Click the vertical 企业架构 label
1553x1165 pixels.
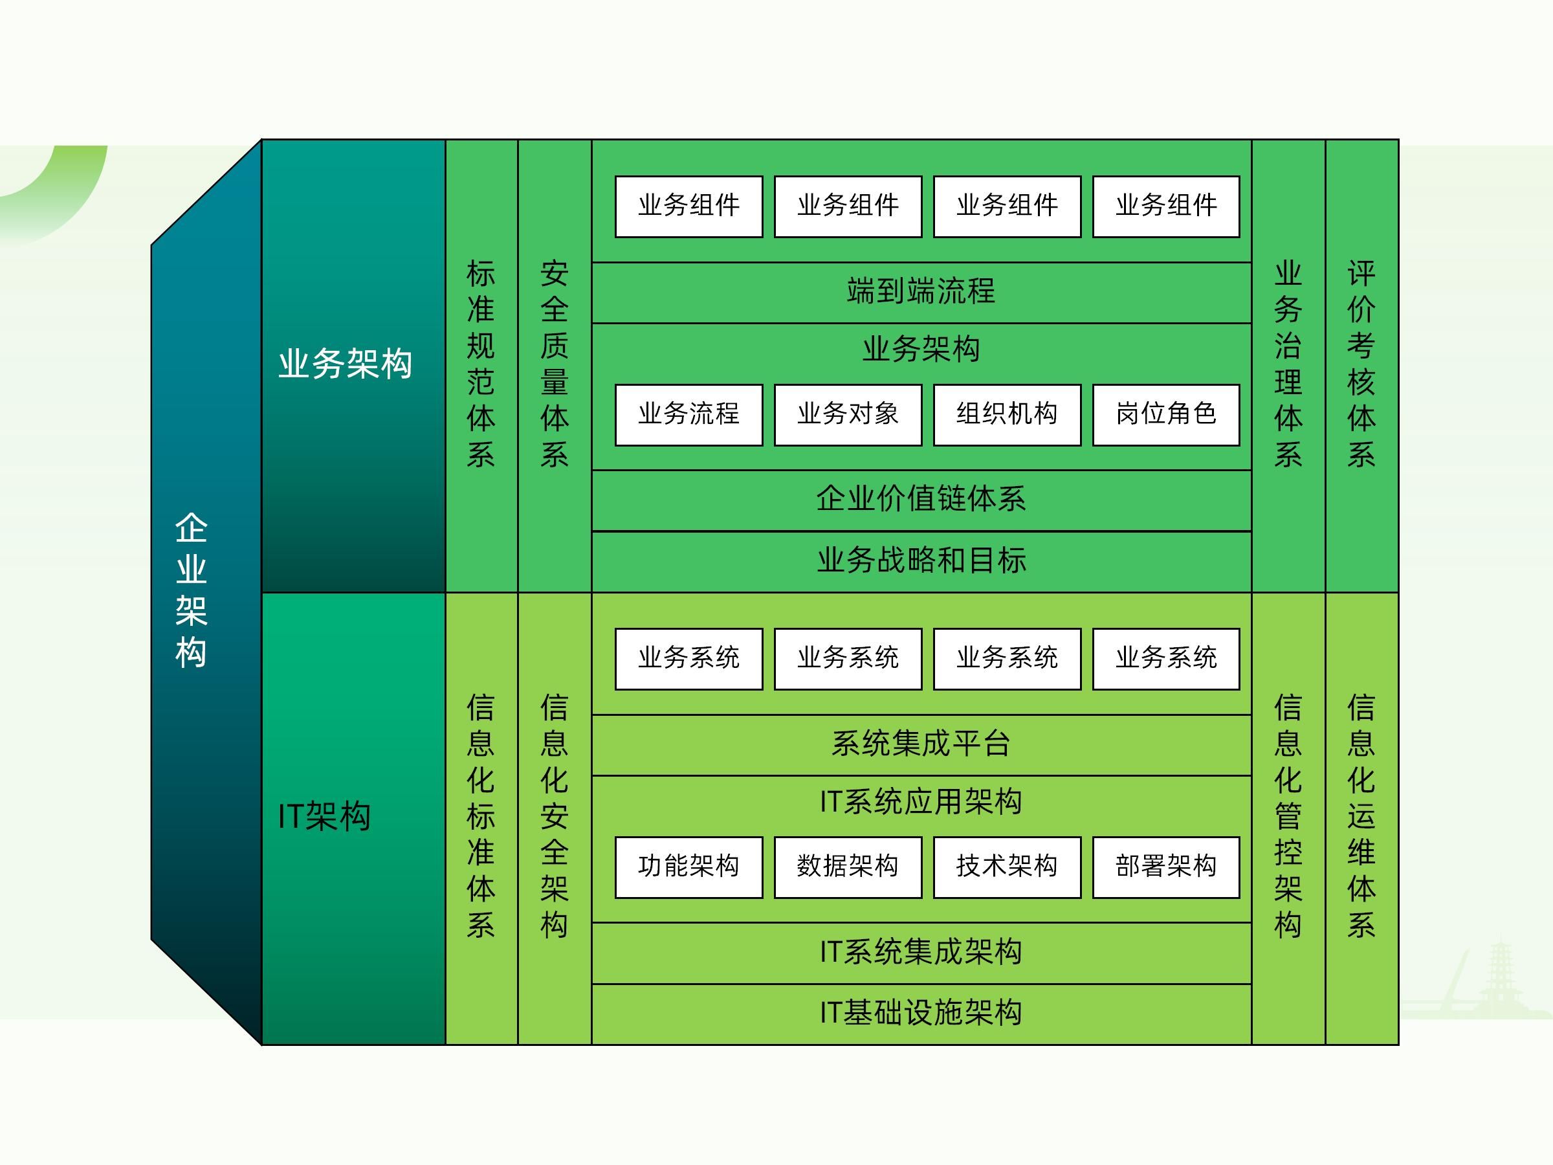click(191, 590)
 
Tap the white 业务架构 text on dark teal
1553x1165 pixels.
click(345, 364)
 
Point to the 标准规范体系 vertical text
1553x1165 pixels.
click(481, 364)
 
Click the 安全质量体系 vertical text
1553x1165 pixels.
click(554, 364)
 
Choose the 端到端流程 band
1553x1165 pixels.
click(921, 291)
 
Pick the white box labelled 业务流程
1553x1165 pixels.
click(688, 414)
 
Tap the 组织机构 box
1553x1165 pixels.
click(1007, 414)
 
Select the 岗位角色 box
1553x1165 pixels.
click(1166, 414)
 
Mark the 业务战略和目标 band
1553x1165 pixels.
click(921, 560)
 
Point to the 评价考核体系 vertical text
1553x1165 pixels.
click(1361, 364)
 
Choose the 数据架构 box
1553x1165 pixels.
click(848, 867)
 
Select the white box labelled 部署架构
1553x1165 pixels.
click(1166, 867)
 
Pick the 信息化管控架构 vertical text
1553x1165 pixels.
click(1288, 816)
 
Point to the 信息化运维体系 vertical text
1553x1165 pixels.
click(1361, 816)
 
